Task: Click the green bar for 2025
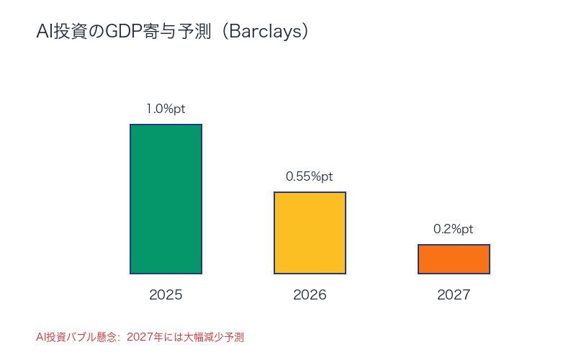click(x=166, y=199)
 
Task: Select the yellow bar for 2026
click(x=310, y=233)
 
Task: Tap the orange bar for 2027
click(x=454, y=259)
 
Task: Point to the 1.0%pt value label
click(x=166, y=109)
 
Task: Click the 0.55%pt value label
click(x=310, y=176)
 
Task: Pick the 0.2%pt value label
click(x=454, y=229)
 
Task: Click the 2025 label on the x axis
click(x=166, y=295)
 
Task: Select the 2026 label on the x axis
click(x=310, y=295)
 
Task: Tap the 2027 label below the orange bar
click(x=454, y=295)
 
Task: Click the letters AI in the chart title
click(x=43, y=32)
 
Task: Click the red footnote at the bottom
click(x=140, y=336)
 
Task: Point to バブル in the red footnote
click(x=82, y=336)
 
